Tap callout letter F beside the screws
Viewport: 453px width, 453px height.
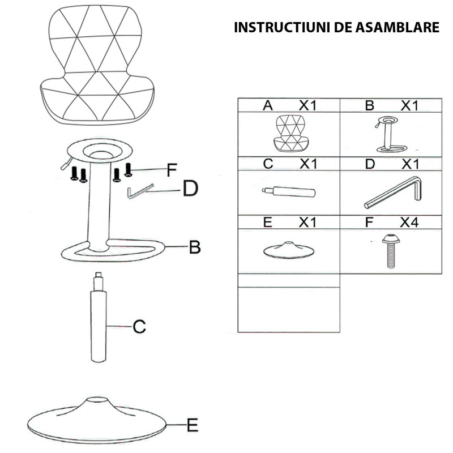click(172, 169)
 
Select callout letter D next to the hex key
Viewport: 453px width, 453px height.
click(191, 189)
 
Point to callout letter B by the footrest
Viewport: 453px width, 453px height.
click(195, 247)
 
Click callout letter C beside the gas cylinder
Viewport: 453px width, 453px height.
click(139, 326)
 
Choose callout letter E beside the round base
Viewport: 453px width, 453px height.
click(193, 424)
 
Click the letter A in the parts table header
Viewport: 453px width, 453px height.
click(268, 105)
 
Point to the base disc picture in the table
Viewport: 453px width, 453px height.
click(289, 250)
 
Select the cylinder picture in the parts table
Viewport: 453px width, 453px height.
click(289, 191)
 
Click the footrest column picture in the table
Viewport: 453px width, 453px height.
click(390, 135)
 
